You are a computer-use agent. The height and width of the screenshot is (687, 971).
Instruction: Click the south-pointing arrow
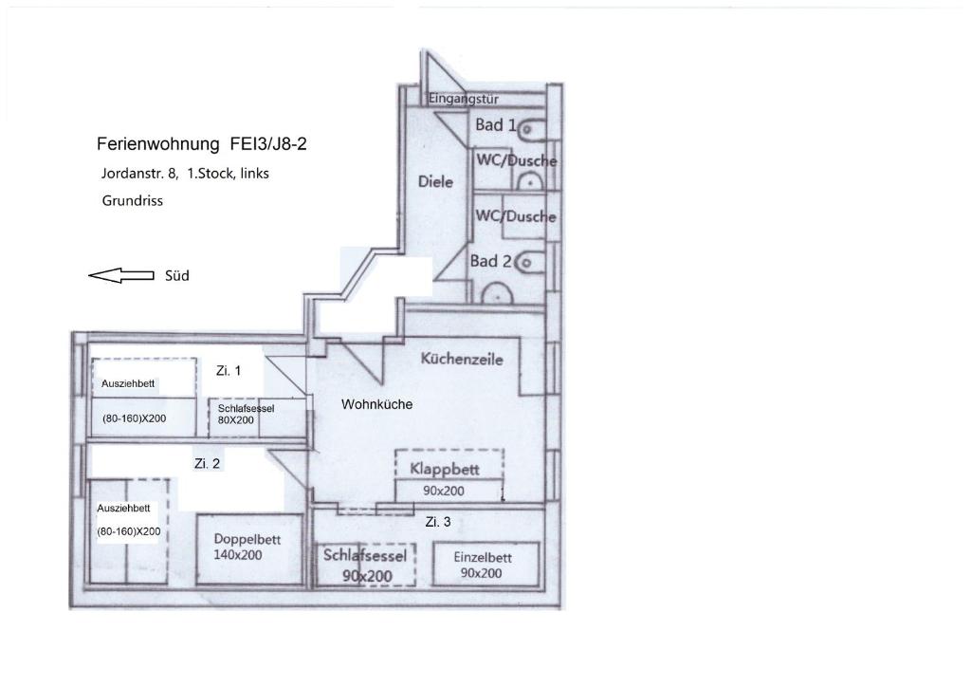[x=120, y=275]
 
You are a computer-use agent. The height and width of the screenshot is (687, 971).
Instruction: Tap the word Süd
[x=177, y=276]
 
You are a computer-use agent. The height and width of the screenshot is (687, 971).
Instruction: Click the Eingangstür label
[x=463, y=99]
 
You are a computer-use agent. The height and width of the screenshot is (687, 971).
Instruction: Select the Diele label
[x=435, y=181]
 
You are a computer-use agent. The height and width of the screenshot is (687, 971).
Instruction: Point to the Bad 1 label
[x=495, y=125]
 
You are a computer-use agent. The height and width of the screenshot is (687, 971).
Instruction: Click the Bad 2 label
[x=490, y=261]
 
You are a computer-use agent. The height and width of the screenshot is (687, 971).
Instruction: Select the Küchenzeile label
[x=462, y=359]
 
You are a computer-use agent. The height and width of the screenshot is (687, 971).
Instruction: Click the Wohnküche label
[x=376, y=404]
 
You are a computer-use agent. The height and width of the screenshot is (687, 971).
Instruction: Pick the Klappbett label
[x=445, y=469]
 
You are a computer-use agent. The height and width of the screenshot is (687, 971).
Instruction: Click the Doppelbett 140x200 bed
[x=250, y=548]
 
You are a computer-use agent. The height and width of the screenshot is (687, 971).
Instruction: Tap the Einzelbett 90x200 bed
[x=485, y=565]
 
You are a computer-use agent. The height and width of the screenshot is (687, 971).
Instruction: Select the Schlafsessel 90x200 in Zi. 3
[x=365, y=565]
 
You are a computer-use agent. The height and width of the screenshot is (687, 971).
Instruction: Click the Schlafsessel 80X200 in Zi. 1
[x=257, y=417]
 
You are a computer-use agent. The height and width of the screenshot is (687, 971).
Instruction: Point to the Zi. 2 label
[x=207, y=463]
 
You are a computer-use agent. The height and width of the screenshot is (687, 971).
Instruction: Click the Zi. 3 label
[x=438, y=522]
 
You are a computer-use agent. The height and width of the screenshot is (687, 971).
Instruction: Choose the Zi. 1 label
[x=228, y=371]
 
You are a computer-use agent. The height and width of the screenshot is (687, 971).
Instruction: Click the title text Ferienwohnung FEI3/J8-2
[x=202, y=144]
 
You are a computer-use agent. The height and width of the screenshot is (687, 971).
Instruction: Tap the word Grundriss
[x=133, y=201]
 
